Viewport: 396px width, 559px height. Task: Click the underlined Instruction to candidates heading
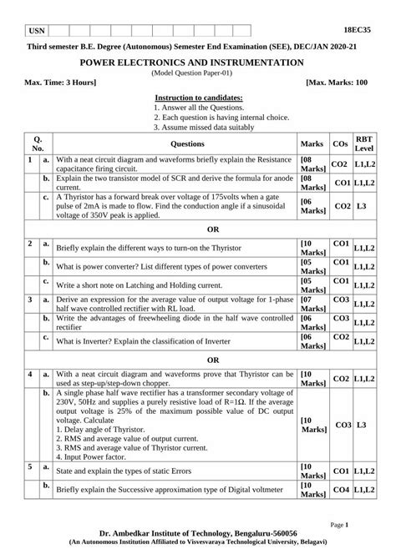198,98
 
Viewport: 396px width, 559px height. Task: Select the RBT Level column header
364,143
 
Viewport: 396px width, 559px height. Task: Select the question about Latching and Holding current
145,285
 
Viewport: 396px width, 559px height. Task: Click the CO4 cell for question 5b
340,491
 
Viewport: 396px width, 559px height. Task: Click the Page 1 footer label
363,525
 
